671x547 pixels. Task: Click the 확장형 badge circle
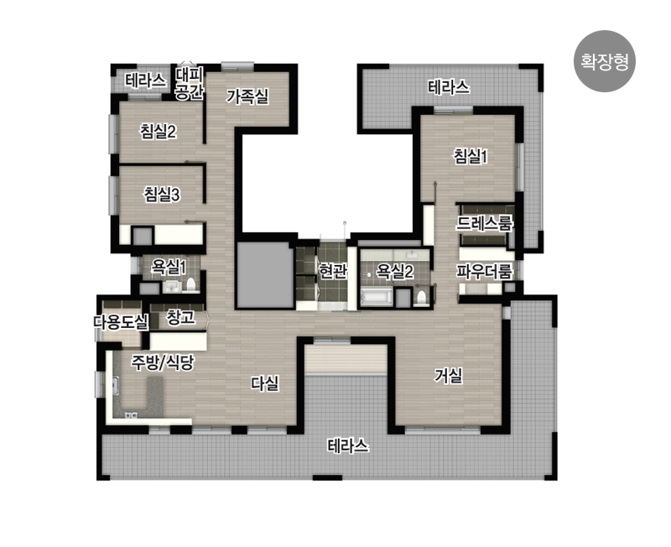604,61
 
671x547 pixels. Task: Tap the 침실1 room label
471,156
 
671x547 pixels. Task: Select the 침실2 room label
159,131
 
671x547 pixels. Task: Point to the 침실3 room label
162,195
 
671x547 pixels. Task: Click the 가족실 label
247,96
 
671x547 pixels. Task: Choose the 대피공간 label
190,83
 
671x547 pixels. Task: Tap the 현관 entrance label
332,270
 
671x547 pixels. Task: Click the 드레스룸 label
484,223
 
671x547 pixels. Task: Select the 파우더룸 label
484,271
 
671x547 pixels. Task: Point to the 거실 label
449,376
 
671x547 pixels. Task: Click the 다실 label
265,383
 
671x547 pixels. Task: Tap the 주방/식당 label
163,363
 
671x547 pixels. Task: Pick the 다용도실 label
122,322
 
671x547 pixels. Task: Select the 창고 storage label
180,317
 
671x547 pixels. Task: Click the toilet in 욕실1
191,284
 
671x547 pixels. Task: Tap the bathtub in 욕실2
377,297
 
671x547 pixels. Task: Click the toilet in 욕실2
422,297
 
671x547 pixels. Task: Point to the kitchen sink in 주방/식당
116,385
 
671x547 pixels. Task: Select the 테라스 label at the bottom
348,446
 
